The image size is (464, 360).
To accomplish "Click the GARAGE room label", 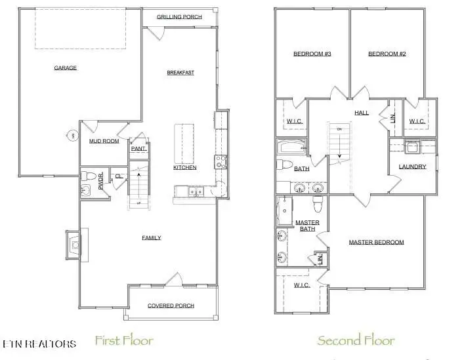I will (65, 68).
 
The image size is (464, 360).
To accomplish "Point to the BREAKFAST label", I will (180, 72).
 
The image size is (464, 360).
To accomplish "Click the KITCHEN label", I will (184, 168).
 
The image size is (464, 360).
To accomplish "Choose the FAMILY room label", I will (152, 237).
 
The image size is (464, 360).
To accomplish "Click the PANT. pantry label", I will (138, 149).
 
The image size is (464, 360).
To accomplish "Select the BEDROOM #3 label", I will (312, 54).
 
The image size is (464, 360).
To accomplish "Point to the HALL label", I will (362, 113).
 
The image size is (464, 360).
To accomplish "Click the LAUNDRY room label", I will (412, 167).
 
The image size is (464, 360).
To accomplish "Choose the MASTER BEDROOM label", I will (376, 242).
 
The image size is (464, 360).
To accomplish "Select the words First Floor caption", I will (124, 340).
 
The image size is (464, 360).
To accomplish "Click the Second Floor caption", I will (356, 340).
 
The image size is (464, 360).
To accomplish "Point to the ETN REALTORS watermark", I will (39, 344).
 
